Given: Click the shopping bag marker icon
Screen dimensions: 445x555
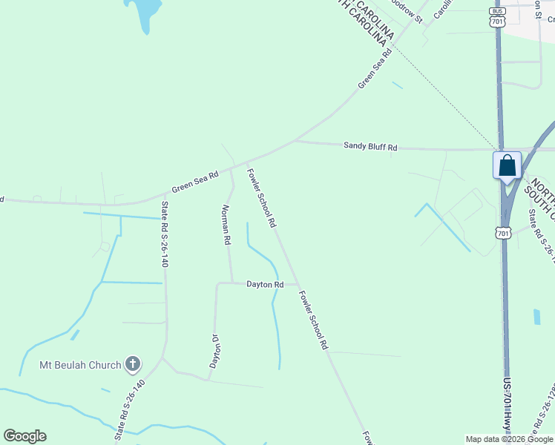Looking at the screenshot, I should point(508,165).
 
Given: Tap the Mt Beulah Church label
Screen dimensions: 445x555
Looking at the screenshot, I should point(79,365).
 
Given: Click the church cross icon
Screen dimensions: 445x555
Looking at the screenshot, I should point(133,363).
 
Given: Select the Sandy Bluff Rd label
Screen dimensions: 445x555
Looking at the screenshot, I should point(370,147).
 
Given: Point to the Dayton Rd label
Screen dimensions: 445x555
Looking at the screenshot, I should point(266,284).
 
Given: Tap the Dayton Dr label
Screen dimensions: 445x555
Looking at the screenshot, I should point(214,350).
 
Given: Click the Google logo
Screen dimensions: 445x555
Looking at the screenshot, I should point(24,436).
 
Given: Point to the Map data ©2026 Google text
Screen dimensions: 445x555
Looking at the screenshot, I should point(509,439).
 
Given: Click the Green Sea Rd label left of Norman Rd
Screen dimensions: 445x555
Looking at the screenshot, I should point(195,179).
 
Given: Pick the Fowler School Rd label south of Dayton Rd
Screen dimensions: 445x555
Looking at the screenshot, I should point(313,320).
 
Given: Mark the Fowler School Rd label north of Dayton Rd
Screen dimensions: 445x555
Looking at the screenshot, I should point(262,198).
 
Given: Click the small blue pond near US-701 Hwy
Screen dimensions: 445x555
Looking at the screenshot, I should point(536,317).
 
